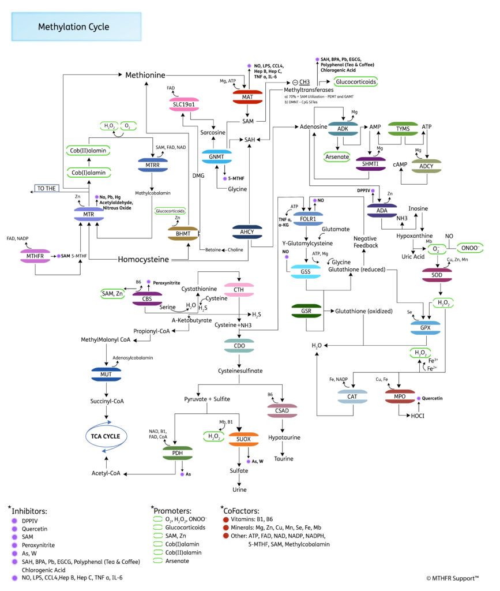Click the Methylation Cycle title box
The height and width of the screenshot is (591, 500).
(76, 27)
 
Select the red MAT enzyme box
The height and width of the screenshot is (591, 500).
(247, 96)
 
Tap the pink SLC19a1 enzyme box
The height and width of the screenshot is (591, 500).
(185, 104)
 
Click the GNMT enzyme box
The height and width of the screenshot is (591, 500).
(216, 156)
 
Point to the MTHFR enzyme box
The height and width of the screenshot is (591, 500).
(36, 255)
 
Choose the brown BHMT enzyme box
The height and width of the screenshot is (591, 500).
(183, 233)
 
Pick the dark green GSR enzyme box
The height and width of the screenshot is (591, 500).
(306, 311)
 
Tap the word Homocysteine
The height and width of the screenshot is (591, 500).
(144, 260)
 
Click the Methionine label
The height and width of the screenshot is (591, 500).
(146, 75)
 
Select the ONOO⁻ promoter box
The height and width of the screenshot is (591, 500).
(469, 248)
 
